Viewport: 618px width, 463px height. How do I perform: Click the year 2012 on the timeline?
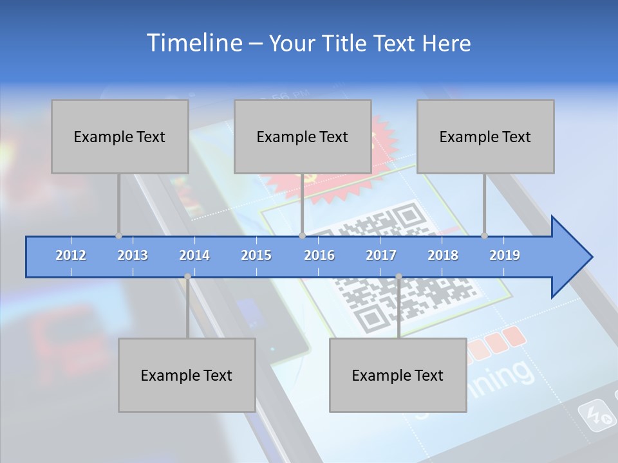(71, 255)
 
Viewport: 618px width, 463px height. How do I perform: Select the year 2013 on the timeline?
(133, 255)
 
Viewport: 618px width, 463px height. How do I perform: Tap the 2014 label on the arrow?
(194, 255)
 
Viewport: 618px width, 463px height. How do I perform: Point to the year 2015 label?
(256, 255)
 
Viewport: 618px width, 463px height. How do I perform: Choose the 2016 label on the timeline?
(319, 255)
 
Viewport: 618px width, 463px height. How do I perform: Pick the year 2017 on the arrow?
(381, 255)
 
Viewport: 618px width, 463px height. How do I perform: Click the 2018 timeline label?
(443, 255)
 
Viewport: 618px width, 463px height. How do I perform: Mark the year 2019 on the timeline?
(505, 255)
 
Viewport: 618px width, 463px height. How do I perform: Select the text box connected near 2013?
(120, 136)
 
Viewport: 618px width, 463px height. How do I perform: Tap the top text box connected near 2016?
(303, 136)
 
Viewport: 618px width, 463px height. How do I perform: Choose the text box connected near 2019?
(485, 136)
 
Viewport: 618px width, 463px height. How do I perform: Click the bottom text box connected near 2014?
(187, 375)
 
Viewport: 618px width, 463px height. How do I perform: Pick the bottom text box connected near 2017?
(398, 375)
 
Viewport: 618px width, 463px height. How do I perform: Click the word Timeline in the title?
(193, 42)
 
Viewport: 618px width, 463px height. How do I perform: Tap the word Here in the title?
(446, 43)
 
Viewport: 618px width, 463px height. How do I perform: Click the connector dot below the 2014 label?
(187, 277)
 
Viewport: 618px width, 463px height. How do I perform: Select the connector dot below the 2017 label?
(398, 277)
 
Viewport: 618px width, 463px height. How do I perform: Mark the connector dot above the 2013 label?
(118, 236)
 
